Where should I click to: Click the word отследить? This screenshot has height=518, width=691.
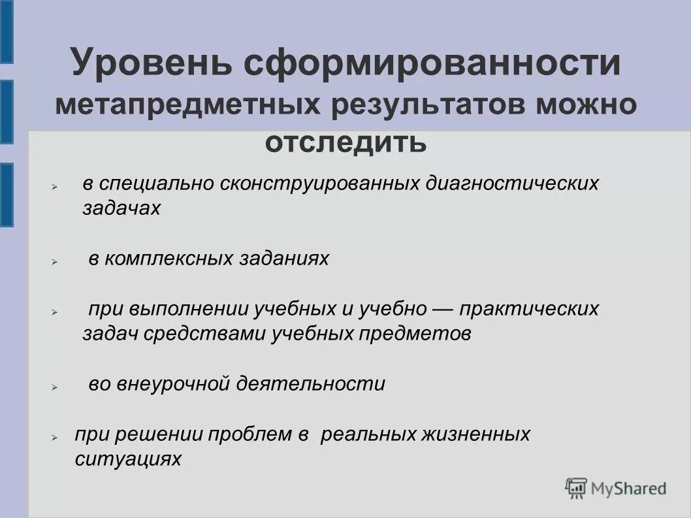(346, 142)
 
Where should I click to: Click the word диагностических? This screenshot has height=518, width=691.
(512, 183)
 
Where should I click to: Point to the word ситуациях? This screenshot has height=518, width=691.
(128, 459)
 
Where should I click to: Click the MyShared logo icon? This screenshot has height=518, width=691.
(576, 488)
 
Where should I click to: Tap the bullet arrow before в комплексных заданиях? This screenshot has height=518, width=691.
(56, 261)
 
